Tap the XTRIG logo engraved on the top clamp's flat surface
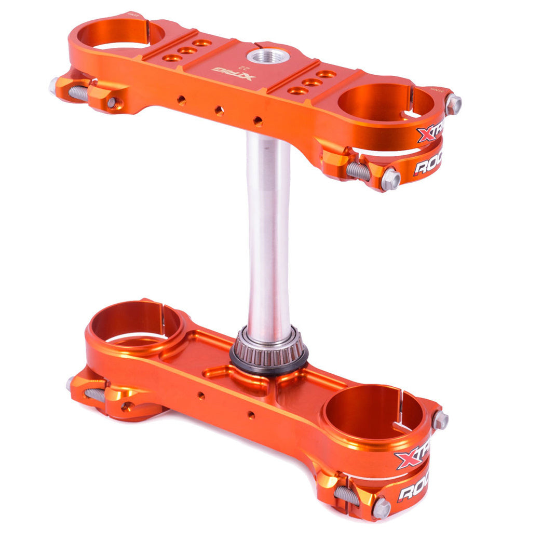click(x=234, y=74)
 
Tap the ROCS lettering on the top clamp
click(x=427, y=165)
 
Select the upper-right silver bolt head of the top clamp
click(x=453, y=104)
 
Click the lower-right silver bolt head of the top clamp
click(x=390, y=180)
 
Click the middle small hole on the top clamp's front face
click(x=219, y=110)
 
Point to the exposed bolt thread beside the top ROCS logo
click(x=358, y=171)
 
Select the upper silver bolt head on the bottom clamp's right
click(x=440, y=419)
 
